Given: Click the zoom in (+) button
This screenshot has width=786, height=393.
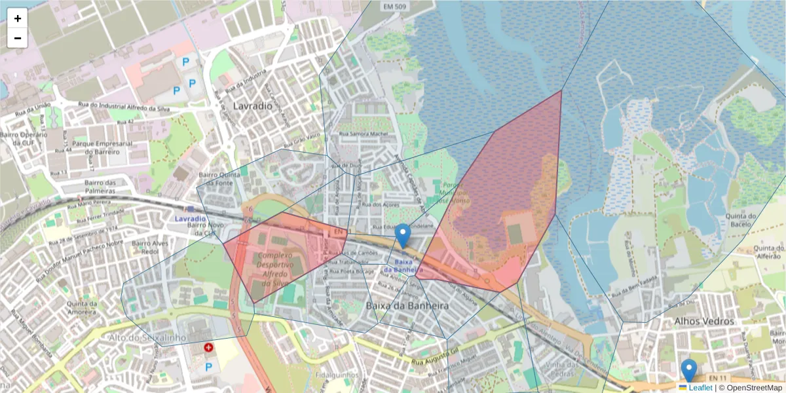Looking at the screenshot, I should point(18,18).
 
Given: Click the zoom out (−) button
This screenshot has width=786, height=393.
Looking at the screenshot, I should point(18,38).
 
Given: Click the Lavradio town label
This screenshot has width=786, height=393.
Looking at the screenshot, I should point(252,105).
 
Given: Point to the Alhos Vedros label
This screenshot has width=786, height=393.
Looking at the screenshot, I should point(704,322).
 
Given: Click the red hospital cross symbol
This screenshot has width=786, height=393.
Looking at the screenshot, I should point(208,348).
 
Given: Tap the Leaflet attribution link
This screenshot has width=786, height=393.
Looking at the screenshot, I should point(700,388).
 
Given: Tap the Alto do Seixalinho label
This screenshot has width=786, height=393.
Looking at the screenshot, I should point(148,337).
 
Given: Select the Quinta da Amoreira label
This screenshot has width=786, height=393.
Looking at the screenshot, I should point(86,308).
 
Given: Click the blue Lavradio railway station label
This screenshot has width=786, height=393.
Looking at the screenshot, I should point(191,217).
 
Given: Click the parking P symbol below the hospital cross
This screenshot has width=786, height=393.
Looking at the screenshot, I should point(208,367).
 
